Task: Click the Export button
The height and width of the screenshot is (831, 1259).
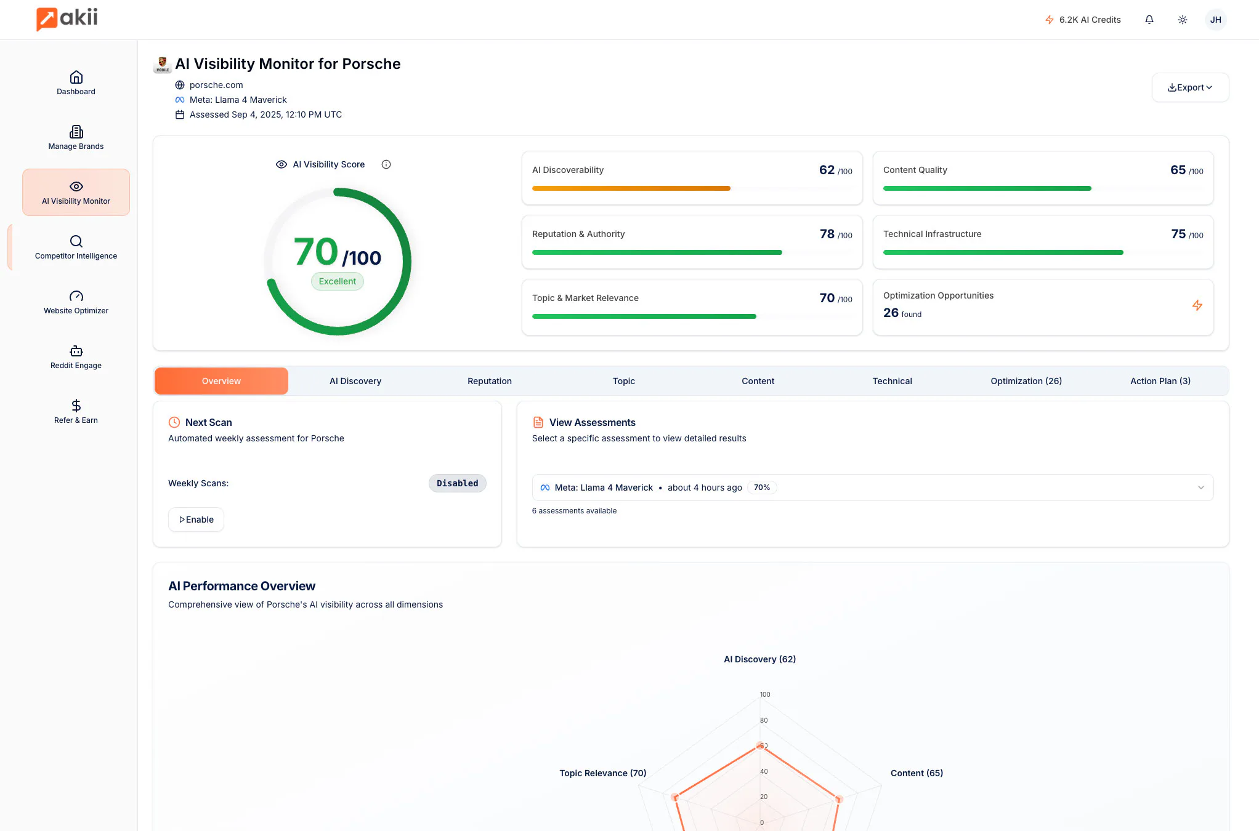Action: (1190, 87)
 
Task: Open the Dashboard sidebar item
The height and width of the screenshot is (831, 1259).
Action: (76, 83)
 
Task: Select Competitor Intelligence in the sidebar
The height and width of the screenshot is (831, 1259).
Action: (76, 247)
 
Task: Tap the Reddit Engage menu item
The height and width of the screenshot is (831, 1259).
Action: (76, 357)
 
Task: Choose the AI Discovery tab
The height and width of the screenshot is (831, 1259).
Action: (355, 381)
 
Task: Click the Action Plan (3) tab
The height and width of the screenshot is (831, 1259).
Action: (1160, 381)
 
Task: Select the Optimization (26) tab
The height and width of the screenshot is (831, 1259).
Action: (1026, 381)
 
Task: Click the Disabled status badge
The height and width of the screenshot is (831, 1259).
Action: (457, 483)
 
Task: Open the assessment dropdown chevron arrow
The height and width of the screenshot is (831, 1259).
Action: (1200, 488)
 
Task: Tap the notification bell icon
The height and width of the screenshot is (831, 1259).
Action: (1149, 20)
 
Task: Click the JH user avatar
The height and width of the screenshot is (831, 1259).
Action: (1215, 20)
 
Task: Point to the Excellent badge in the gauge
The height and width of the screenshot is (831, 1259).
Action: (338, 281)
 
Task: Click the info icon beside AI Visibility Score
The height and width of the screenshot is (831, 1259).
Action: (386, 164)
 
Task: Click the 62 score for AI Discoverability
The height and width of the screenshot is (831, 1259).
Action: (827, 170)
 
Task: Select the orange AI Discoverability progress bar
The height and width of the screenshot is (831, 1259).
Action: (631, 188)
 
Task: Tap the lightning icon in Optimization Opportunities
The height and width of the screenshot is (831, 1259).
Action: (1197, 305)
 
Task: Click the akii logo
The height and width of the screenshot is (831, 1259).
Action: (67, 18)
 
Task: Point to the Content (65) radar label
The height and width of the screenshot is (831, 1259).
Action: (917, 773)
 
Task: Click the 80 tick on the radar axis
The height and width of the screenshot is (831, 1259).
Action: (764, 720)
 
